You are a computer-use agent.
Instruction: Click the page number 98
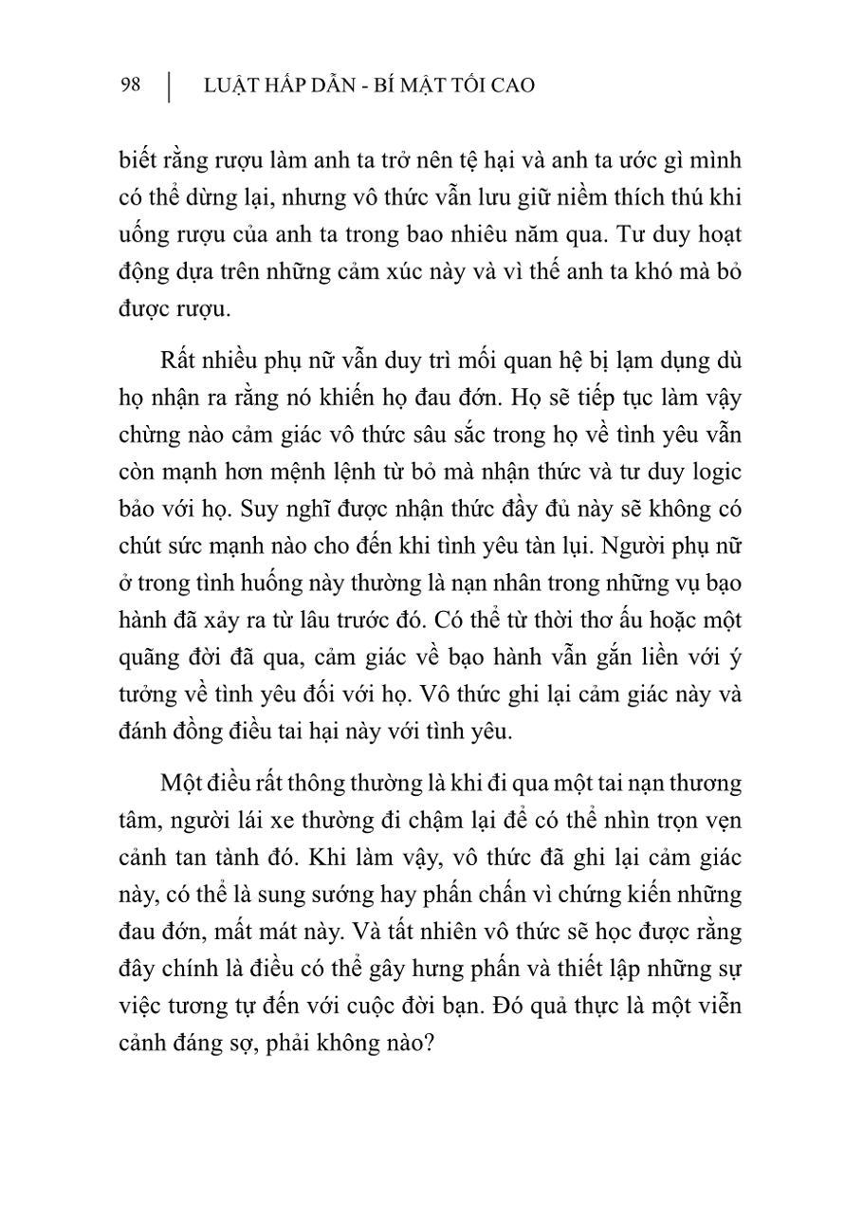(131, 85)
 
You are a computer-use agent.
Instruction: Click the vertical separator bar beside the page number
(169, 86)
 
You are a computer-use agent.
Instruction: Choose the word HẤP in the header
(305, 85)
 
